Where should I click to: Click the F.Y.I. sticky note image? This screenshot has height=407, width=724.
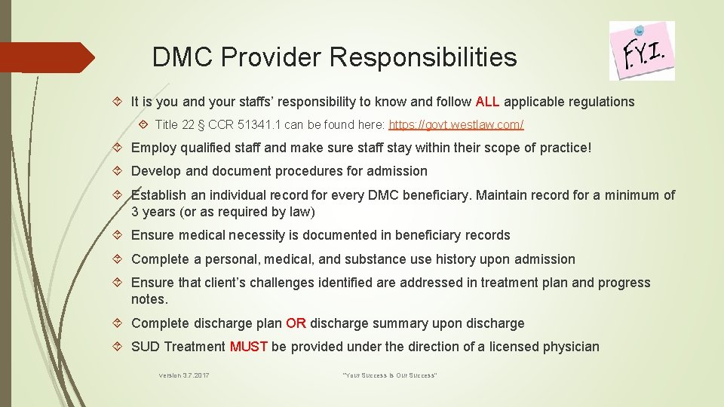pos(642,50)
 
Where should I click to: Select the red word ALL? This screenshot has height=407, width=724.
pos(487,102)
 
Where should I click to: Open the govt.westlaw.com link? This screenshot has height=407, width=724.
pos(456,124)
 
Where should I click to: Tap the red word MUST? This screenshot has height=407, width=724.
pos(248,347)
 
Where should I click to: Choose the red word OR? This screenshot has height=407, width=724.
pos(296,323)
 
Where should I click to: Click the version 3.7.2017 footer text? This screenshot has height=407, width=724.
pos(184,375)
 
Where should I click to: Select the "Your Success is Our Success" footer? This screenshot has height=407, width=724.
pos(390,375)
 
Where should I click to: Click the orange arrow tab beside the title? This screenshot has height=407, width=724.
pos(48,57)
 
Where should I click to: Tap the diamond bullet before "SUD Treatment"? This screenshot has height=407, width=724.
pos(120,347)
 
